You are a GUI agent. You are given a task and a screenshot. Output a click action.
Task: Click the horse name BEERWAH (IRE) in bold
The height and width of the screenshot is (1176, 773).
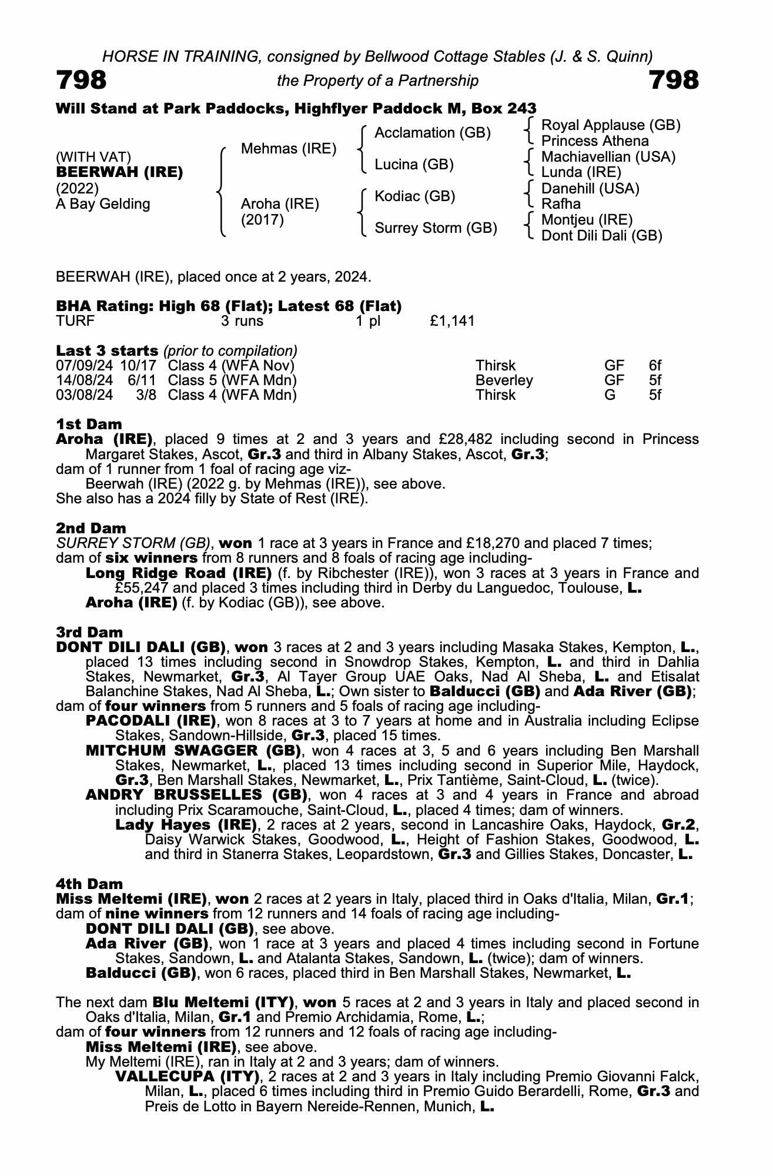click(x=119, y=173)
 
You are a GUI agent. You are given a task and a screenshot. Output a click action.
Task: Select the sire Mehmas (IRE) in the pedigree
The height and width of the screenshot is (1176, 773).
click(x=289, y=149)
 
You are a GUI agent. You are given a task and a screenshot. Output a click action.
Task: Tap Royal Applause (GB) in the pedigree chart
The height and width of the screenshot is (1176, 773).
click(x=610, y=125)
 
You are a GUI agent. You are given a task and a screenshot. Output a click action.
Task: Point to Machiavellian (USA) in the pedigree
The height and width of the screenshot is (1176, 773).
click(x=608, y=157)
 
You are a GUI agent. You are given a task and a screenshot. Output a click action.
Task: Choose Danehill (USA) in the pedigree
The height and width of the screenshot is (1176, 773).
click(x=590, y=189)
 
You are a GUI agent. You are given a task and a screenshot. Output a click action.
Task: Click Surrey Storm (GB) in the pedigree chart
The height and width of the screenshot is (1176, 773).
click(x=436, y=228)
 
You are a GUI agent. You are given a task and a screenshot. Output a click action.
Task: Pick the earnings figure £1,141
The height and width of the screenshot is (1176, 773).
click(x=452, y=321)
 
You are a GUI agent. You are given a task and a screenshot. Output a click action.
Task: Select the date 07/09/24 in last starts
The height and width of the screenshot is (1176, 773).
click(x=84, y=366)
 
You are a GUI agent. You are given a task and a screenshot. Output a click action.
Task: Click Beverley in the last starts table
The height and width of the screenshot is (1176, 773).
click(x=504, y=380)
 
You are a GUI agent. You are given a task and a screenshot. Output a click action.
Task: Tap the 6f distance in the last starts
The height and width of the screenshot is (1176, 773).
click(x=655, y=366)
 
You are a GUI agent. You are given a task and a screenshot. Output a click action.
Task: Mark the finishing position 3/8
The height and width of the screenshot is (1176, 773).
click(x=146, y=395)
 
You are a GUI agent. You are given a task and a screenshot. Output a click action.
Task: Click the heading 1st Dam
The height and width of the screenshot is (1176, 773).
click(x=89, y=425)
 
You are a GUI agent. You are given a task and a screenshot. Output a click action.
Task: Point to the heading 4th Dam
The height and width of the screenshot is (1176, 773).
click(x=89, y=884)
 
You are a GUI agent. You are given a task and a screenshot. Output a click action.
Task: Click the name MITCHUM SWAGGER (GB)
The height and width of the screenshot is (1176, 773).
click(x=193, y=751)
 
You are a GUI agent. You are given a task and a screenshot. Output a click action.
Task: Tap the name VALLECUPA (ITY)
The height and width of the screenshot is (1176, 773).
click(x=188, y=1077)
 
